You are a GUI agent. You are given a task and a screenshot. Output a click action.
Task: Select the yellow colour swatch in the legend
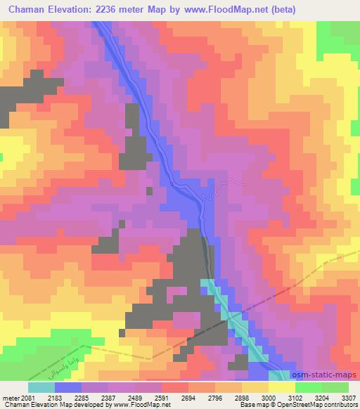[281, 387]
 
